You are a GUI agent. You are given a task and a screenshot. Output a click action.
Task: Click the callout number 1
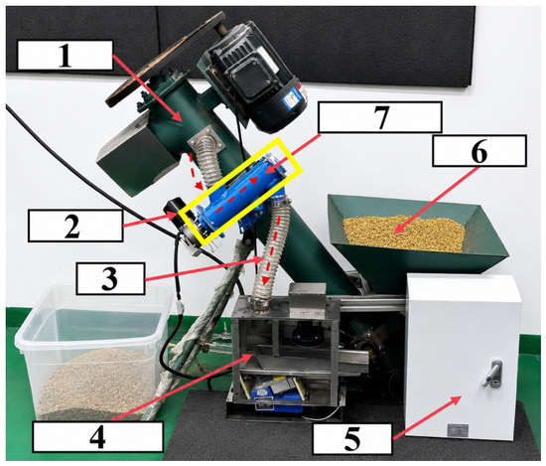66,56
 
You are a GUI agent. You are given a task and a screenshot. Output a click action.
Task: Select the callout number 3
109,279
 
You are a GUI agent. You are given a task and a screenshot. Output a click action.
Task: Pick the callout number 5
352,439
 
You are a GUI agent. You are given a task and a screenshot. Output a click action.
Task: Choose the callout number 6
478,152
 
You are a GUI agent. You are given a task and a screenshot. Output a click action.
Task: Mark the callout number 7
381,117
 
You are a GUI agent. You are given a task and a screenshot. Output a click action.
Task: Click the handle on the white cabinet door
492,373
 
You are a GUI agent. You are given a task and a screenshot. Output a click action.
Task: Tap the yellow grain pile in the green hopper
404,233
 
